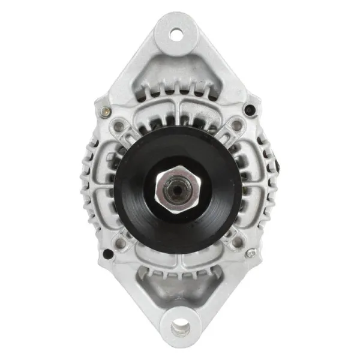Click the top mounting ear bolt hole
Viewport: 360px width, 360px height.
(176, 34)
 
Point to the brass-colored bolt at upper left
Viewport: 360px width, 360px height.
(106, 110)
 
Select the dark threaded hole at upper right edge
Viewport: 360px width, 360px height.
(249, 109)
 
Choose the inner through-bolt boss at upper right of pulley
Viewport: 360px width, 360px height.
(237, 125)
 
